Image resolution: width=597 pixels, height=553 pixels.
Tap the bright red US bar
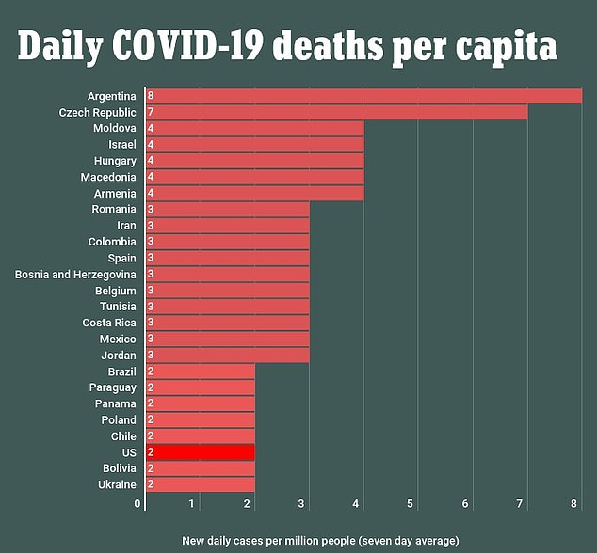(x=200, y=452)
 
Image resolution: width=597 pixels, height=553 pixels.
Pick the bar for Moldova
(x=254, y=128)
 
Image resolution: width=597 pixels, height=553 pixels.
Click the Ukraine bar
(x=200, y=484)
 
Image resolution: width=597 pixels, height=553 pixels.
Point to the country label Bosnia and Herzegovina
(x=75, y=274)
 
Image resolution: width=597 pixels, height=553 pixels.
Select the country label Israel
(x=122, y=145)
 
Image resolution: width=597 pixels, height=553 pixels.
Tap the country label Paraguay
(x=113, y=387)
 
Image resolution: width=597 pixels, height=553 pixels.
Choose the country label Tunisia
(x=118, y=307)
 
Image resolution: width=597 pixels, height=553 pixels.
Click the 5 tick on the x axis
(x=411, y=503)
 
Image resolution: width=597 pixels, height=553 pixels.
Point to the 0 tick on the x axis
(x=137, y=503)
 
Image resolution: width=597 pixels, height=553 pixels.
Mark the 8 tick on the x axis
(x=574, y=503)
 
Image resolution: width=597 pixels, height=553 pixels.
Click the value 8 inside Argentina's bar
(x=151, y=96)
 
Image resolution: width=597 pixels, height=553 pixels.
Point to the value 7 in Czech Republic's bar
(x=151, y=112)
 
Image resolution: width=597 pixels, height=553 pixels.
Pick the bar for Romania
(x=227, y=209)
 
